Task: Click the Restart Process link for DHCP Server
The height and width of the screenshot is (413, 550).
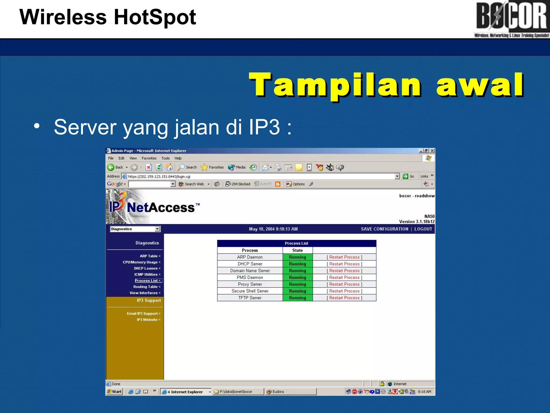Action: [344, 264]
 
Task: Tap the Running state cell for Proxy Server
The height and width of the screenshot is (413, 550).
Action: [298, 284]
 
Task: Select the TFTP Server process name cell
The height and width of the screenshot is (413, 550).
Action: [250, 298]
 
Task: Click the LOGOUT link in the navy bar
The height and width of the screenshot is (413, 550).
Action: [423, 229]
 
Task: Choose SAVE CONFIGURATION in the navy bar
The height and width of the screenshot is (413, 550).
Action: [384, 229]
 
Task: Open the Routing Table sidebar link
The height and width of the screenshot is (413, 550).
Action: [146, 287]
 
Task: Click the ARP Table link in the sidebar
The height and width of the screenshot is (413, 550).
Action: [150, 256]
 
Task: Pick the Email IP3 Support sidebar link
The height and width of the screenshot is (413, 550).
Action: [143, 314]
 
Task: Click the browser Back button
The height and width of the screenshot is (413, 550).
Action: [115, 168]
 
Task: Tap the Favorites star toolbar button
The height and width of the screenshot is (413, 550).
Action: [212, 168]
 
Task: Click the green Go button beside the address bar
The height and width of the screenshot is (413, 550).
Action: [408, 176]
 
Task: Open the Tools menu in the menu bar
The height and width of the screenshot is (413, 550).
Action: [165, 158]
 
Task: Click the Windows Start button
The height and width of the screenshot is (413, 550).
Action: [115, 392]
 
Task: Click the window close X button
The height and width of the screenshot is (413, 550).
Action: [432, 151]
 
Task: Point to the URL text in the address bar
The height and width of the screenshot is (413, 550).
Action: [159, 177]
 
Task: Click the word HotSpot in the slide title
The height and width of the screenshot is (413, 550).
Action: [155, 17]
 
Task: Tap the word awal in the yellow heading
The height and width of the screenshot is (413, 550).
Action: [480, 85]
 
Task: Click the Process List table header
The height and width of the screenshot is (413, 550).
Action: [296, 243]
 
